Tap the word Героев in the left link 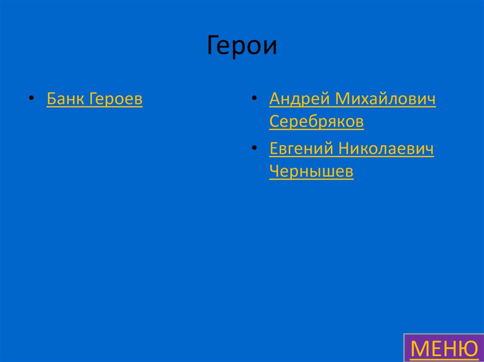pos(115,99)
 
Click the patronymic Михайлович pos(386,99)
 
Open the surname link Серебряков pos(316,122)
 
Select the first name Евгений pos(301,149)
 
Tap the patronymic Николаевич pos(386,149)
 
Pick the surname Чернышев pos(311,172)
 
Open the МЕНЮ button pos(443,348)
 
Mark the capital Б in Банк pos(51,99)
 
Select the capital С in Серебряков pos(274,122)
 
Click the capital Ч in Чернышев pos(274,172)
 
